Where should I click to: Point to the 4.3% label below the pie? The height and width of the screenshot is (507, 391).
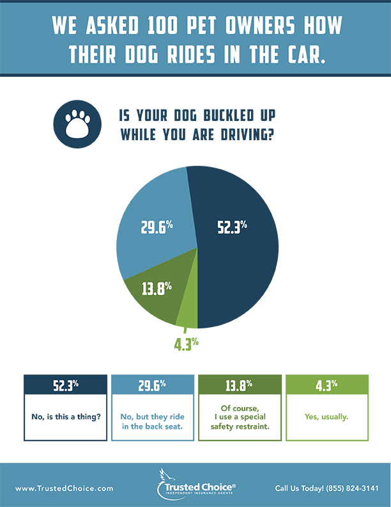[186, 344]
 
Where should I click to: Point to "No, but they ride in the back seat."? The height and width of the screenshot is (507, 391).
[152, 417]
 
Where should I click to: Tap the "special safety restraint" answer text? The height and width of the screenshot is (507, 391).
[238, 421]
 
